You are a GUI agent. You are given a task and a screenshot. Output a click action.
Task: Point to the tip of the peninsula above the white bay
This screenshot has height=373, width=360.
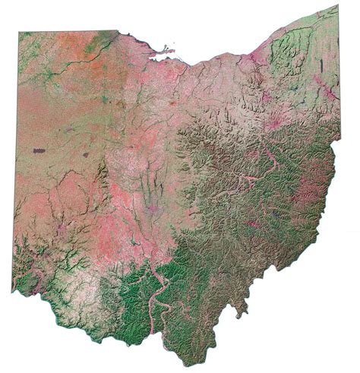[173, 52]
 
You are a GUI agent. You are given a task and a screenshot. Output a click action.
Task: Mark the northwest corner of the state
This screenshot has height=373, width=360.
[20, 32]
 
